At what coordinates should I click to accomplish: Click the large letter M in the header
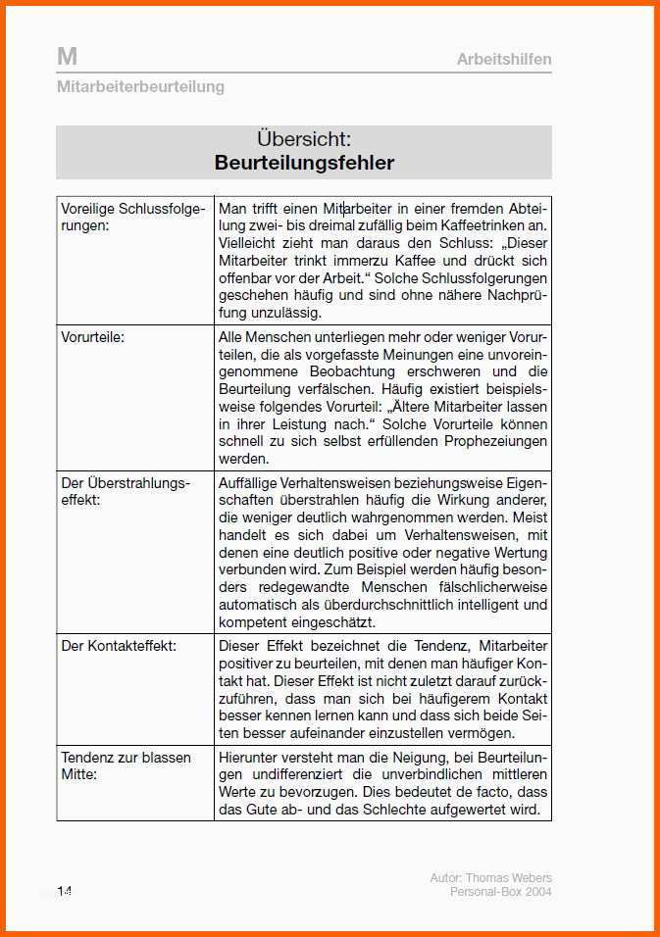(67, 57)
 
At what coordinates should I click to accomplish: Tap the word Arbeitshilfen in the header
(504, 60)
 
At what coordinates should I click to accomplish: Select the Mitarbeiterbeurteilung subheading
(140, 86)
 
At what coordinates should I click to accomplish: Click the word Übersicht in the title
(304, 139)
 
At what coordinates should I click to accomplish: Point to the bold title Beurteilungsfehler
(304, 163)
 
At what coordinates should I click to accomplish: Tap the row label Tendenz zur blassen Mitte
(126, 765)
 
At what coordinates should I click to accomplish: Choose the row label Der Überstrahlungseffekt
(126, 491)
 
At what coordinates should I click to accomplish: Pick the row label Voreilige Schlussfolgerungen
(132, 217)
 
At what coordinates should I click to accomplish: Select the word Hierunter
(249, 758)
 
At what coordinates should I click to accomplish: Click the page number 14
(65, 891)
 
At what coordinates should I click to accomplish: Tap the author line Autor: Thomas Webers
(490, 878)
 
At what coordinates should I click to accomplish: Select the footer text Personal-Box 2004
(500, 892)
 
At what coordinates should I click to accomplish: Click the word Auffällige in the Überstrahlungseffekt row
(248, 483)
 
